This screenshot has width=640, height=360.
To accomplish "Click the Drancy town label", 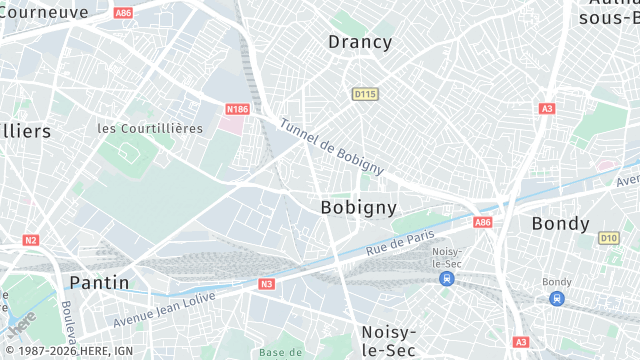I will click(x=360, y=42).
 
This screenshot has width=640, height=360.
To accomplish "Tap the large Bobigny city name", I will click(x=358, y=207).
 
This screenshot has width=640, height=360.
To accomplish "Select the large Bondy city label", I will click(x=561, y=223).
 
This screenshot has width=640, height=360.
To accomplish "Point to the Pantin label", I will click(x=99, y=283).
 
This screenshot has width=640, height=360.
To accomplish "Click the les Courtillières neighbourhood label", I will click(x=150, y=128).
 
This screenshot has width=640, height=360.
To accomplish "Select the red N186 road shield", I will click(x=237, y=109).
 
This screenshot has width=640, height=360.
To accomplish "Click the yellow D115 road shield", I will click(x=365, y=94).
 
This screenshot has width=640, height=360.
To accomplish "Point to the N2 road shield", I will click(x=30, y=240).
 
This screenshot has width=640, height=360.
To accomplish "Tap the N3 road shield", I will click(x=266, y=284).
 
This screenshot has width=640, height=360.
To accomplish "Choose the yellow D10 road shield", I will click(x=608, y=238).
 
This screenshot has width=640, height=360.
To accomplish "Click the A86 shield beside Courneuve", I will click(x=123, y=13).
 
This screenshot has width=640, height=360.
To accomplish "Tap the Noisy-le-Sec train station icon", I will click(x=446, y=280).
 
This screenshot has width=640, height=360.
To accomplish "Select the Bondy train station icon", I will click(x=557, y=298).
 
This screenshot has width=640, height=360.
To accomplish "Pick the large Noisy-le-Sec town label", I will click(x=388, y=340).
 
